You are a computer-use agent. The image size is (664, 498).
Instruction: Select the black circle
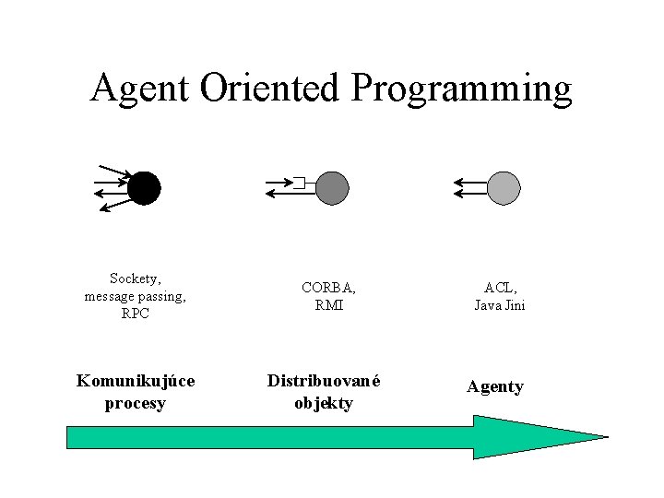tap(144, 188)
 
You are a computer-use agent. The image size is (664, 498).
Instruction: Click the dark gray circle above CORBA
tap(332, 188)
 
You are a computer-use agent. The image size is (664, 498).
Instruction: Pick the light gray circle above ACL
tap(504, 188)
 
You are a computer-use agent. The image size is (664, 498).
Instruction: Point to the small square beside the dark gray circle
tap(298, 182)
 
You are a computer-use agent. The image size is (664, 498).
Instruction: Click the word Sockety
tap(135, 279)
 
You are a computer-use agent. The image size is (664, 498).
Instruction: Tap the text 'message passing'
tap(135, 296)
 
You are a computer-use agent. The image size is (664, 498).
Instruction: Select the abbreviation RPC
tap(135, 314)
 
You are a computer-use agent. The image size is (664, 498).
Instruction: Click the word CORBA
tap(328, 288)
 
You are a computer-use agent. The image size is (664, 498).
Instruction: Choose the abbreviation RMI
tap(328, 305)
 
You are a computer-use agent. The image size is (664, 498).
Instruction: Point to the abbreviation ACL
tap(500, 288)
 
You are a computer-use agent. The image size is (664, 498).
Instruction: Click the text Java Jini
tap(500, 305)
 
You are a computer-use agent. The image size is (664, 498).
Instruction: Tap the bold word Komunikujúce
tap(136, 381)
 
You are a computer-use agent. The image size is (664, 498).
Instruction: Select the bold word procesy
tap(136, 403)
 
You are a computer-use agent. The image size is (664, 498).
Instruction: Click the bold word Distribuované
tap(324, 381)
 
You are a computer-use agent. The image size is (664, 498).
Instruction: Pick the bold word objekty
tap(324, 403)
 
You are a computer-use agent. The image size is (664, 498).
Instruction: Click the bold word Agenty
tap(494, 386)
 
